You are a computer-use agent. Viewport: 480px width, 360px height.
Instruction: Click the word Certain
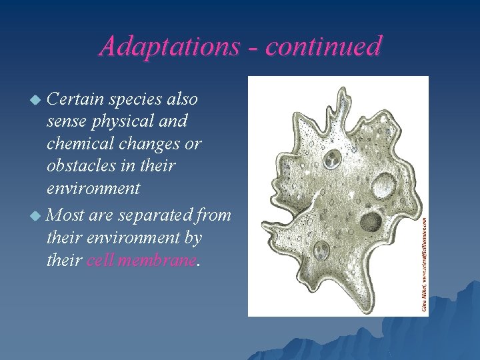tap(75, 99)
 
